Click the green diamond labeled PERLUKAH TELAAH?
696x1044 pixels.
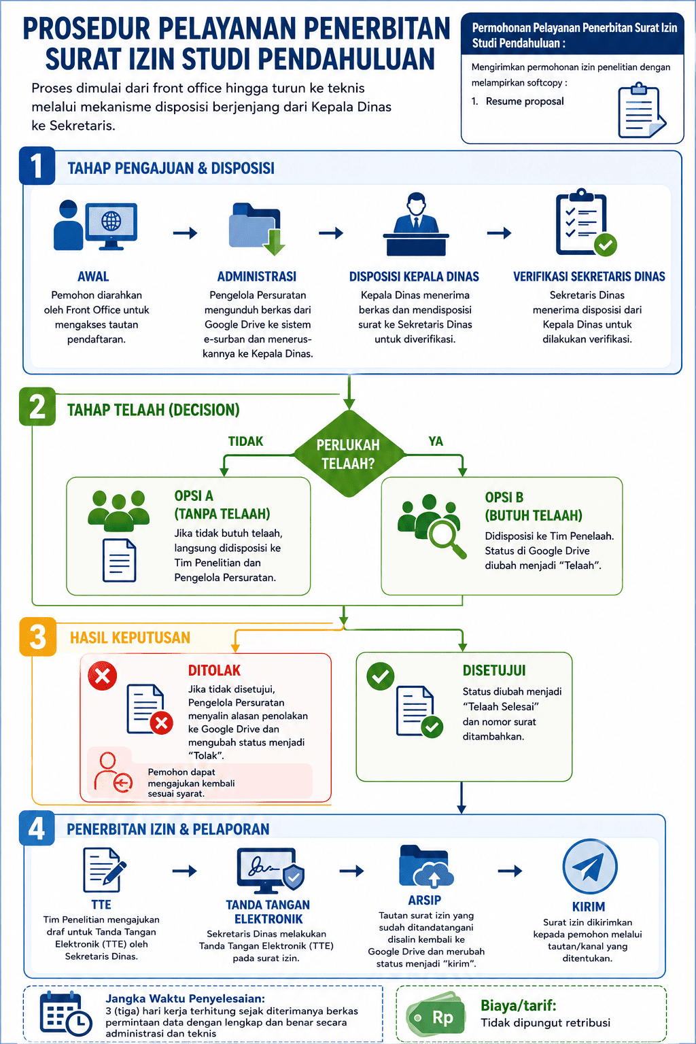[x=349, y=453]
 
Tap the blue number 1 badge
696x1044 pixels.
[x=37, y=165]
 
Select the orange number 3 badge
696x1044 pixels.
[x=38, y=637]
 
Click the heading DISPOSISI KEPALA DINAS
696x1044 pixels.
[x=414, y=277]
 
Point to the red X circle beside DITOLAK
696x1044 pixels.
[x=103, y=676]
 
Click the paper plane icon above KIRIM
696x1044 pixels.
[x=590, y=867]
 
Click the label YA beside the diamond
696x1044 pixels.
[x=436, y=441]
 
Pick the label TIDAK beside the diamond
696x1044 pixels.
[x=245, y=441]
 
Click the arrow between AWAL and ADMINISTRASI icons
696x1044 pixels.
[x=185, y=232]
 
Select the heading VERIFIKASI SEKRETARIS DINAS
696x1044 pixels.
[x=589, y=277]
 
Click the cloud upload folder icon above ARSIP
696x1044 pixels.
[x=426, y=866]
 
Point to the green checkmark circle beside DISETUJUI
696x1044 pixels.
[x=381, y=676]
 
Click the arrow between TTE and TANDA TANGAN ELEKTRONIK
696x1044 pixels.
[x=185, y=870]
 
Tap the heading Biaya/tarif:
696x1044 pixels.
[x=519, y=1006]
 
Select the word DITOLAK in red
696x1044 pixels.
[x=214, y=670]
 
